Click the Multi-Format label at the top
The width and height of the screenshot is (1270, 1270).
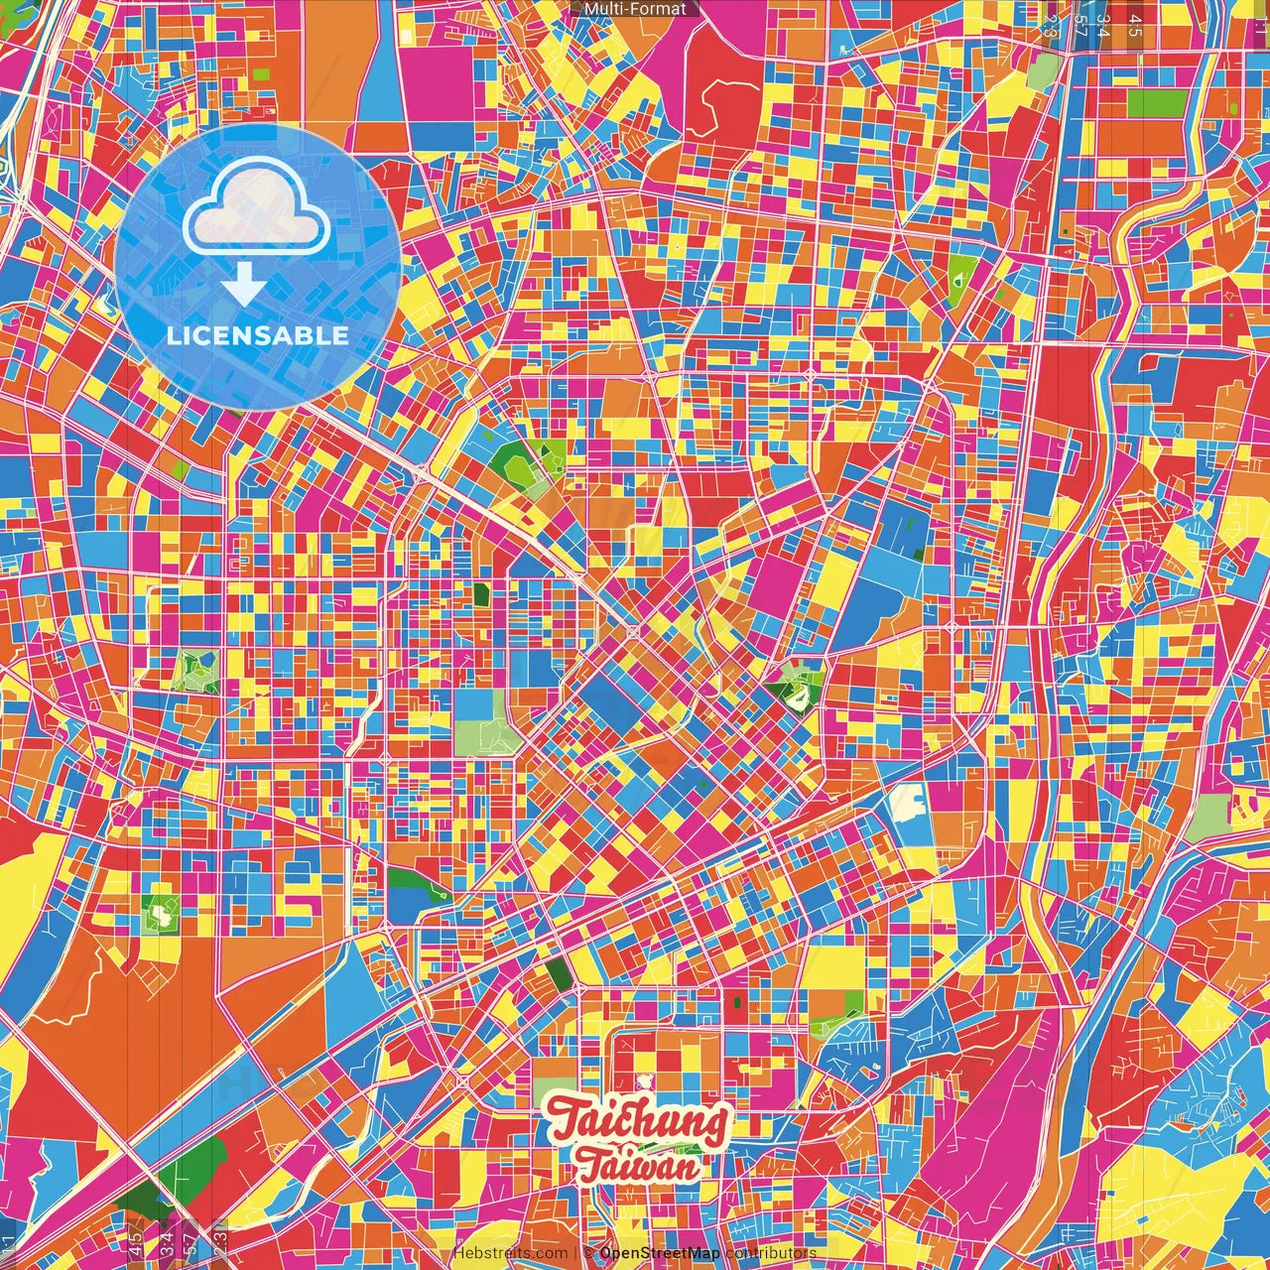635,9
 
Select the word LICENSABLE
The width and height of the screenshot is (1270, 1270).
258,335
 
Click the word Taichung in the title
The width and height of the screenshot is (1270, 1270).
638,1123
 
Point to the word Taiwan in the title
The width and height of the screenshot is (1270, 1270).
638,1167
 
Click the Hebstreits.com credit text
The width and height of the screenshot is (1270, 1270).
510,1253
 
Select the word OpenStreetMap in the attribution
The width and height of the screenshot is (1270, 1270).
660,1253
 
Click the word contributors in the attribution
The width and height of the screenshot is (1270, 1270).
771,1253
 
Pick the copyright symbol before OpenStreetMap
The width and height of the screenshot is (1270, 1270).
588,1253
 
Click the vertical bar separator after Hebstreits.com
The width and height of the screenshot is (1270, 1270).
575,1253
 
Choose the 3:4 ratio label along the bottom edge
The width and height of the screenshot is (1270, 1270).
165,1240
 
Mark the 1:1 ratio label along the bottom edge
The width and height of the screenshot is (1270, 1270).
8,1244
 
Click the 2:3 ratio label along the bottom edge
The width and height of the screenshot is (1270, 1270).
220,1240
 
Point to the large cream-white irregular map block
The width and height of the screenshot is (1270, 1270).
907,802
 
